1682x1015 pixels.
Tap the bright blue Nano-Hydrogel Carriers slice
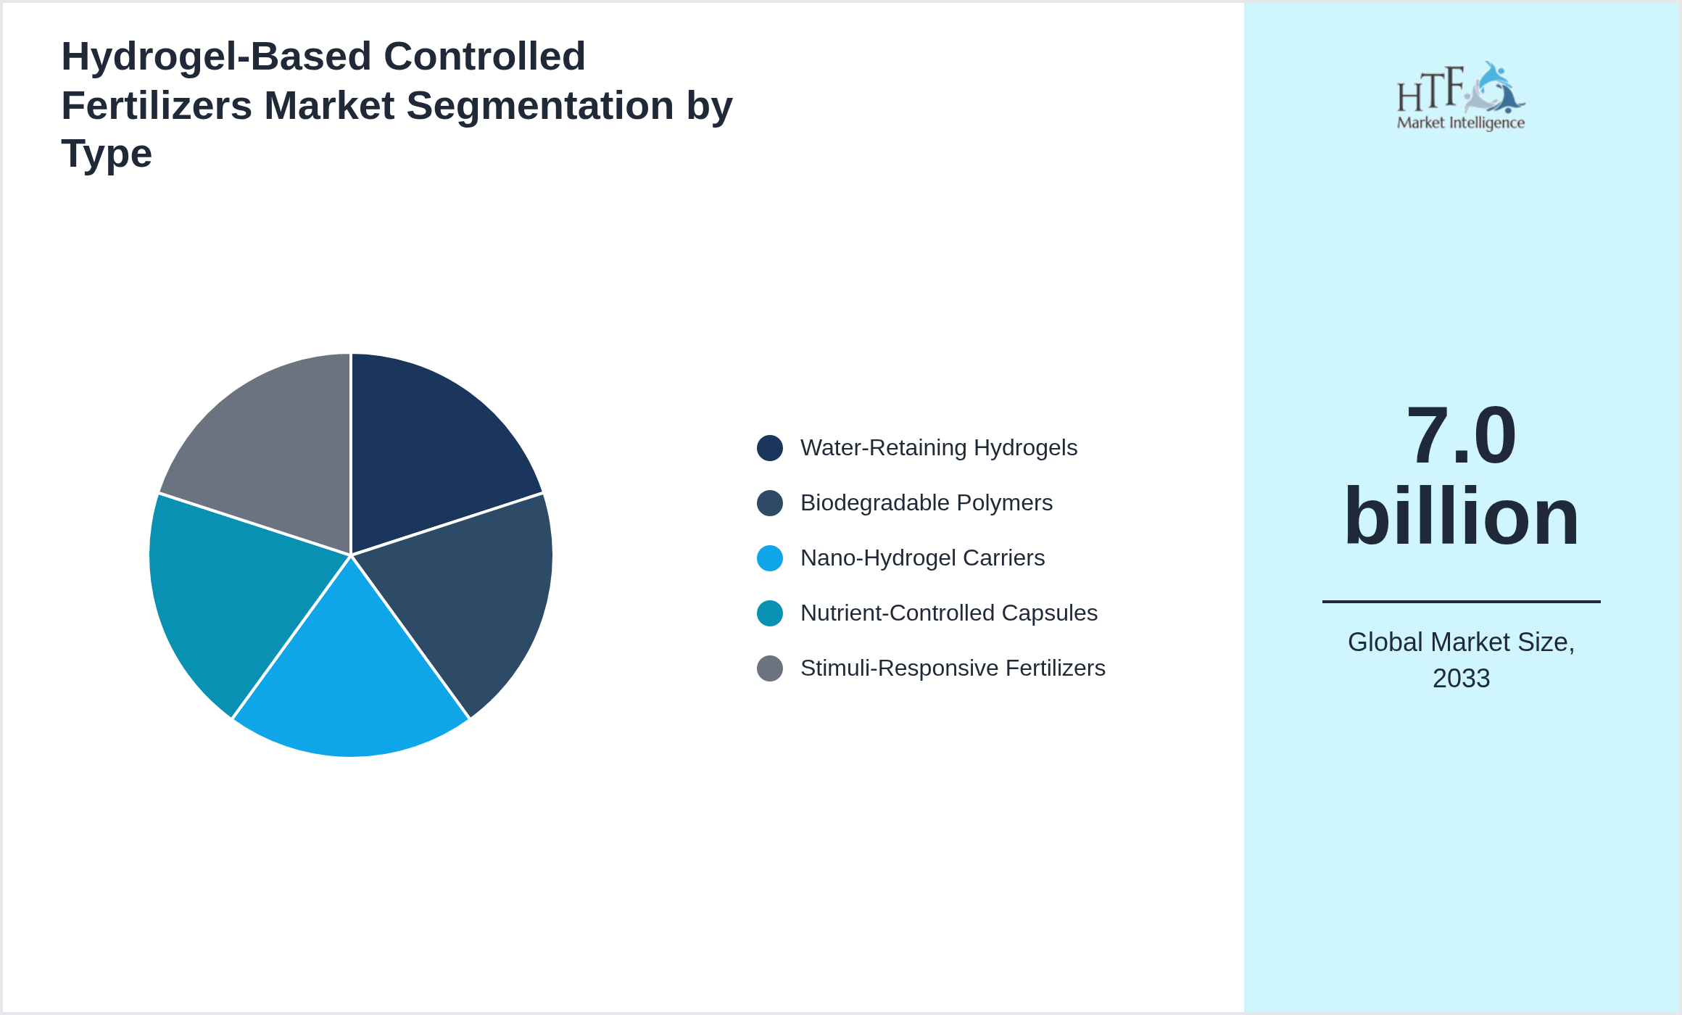[351, 681]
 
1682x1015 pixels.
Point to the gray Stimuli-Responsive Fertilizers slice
[268, 449]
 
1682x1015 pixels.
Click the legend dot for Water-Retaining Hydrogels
[769, 448]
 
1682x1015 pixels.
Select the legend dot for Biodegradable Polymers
[769, 503]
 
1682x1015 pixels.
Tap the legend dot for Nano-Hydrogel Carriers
[769, 558]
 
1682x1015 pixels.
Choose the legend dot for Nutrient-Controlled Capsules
[769, 613]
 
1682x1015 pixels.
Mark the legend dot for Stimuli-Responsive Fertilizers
[769, 668]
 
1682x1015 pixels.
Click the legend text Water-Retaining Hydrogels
[938, 448]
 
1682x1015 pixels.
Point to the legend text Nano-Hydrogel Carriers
[922, 558]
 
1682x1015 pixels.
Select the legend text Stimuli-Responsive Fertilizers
[953, 668]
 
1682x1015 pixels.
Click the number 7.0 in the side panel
[1461, 436]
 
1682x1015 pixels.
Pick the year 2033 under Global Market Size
[1461, 679]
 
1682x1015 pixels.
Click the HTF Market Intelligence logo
[1461, 96]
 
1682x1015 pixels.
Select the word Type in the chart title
[107, 154]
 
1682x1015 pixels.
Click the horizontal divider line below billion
[1461, 601]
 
